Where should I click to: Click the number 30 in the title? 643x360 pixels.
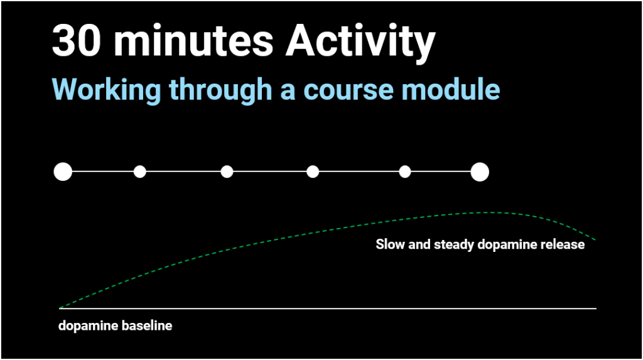click(76, 41)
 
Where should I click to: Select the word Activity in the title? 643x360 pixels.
click(360, 43)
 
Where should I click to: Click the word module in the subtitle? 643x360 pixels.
click(451, 89)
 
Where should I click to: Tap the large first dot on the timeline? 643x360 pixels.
click(63, 172)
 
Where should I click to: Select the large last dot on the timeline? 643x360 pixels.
click(479, 172)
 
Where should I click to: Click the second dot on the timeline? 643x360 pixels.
click(140, 172)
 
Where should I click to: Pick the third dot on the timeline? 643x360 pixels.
click(227, 172)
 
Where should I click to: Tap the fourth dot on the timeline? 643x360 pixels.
click(313, 172)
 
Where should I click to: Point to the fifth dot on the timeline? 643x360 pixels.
click(405, 172)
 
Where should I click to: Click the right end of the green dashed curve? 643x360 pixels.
click(595, 240)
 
